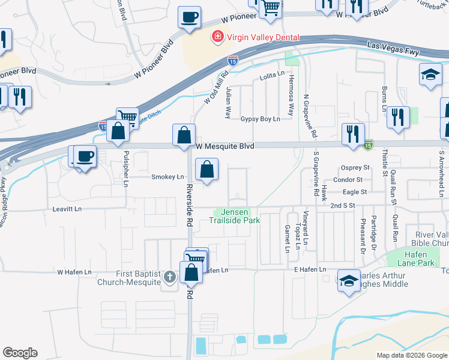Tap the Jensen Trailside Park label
tap(234, 216)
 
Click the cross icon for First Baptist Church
tap(170, 277)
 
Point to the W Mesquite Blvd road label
tap(224, 146)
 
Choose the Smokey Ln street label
tap(167, 177)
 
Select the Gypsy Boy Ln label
tap(261, 119)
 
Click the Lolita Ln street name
tap(271, 75)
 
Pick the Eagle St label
tap(355, 192)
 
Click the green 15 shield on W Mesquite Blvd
tap(367, 145)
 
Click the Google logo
tap(20, 353)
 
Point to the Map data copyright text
tap(411, 355)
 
